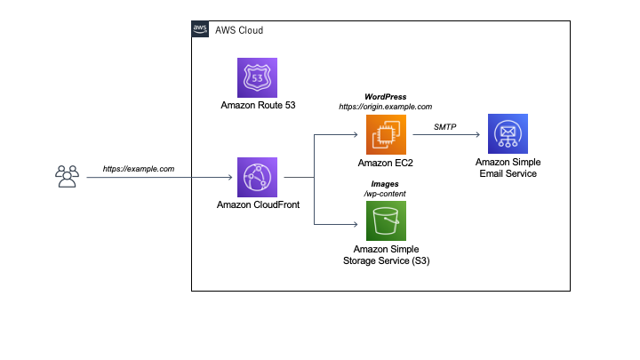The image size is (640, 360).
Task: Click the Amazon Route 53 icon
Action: pos(257,77)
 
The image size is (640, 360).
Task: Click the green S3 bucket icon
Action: pos(386,220)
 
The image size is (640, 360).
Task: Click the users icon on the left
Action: pos(67,177)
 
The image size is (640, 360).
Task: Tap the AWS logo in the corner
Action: pos(201,29)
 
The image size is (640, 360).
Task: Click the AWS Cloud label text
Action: pos(239,30)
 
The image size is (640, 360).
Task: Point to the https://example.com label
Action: pos(138,168)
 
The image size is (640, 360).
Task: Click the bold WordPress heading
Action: pos(386,95)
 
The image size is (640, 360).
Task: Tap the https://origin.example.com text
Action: pos(386,106)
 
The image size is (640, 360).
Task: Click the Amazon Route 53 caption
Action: pos(258,105)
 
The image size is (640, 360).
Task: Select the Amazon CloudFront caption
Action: pos(257,204)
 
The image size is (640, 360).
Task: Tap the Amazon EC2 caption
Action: pos(386,163)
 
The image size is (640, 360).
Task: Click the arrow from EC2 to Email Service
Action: pos(444,135)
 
